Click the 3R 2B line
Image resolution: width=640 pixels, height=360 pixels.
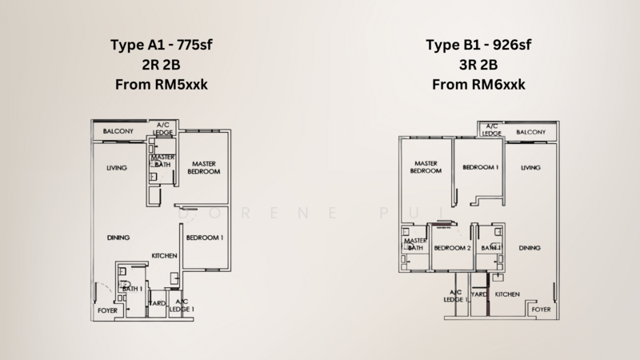tap(478, 64)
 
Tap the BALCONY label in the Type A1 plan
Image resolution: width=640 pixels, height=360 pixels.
tap(112, 130)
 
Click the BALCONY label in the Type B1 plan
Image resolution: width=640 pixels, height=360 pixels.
tap(531, 131)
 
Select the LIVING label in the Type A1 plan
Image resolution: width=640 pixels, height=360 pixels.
tap(119, 169)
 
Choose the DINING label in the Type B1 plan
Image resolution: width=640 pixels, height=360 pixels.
tap(530, 248)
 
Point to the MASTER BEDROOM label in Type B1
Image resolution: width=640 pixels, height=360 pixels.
tap(426, 167)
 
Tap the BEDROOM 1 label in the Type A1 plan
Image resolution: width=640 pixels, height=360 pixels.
tap(205, 238)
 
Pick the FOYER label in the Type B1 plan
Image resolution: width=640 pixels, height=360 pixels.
tap(542, 308)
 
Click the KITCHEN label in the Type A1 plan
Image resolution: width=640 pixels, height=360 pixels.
tap(164, 256)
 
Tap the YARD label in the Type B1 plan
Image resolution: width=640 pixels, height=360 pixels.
tap(479, 294)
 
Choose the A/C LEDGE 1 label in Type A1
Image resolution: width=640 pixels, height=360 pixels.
tap(181, 305)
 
